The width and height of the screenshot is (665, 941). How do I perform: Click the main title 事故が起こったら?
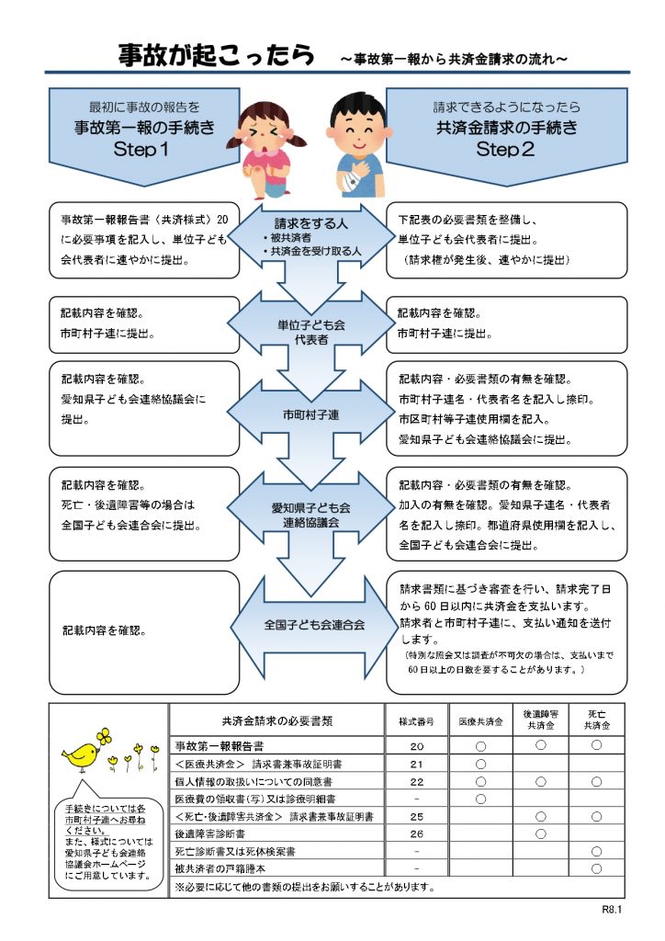[x=217, y=56]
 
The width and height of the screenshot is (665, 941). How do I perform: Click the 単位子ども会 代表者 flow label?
[x=310, y=331]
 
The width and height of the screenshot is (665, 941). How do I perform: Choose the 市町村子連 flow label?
[x=310, y=415]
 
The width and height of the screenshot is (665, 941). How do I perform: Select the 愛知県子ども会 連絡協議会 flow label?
[x=310, y=515]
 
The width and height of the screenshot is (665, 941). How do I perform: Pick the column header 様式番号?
[x=416, y=721]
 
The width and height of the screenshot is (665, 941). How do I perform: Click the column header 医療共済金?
[x=479, y=721]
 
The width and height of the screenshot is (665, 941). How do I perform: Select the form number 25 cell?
[x=416, y=816]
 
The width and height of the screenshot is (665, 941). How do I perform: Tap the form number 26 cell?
[x=416, y=833]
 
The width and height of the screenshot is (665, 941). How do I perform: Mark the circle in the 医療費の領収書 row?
[x=480, y=799]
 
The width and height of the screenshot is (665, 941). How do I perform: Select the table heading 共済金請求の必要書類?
[x=276, y=721]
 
